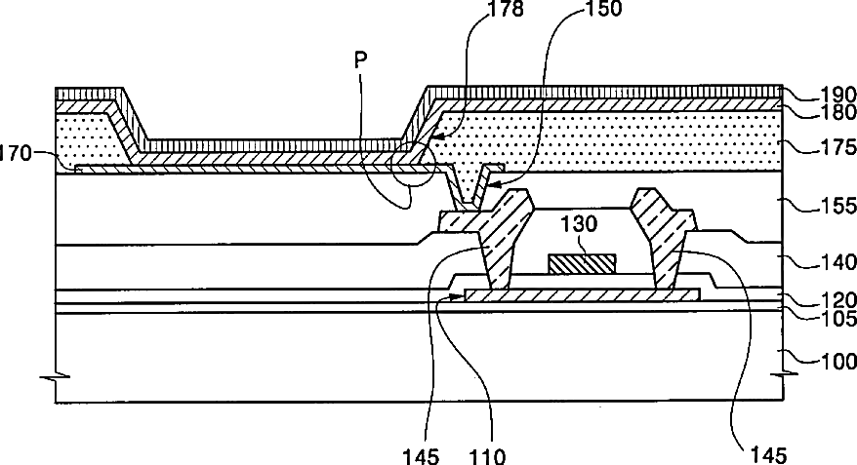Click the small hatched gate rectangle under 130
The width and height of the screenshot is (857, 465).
pos(582,262)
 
